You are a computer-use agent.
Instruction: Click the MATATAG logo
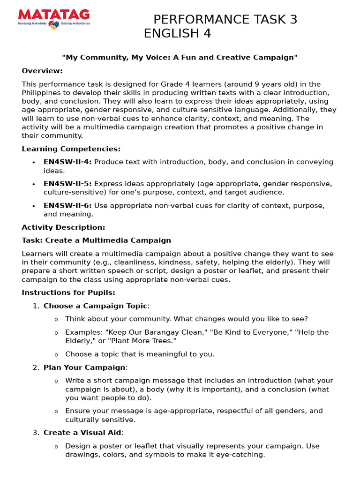[x=53, y=19]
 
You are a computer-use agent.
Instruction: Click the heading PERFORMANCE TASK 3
[x=225, y=20]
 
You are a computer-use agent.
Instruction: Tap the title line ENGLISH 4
[x=177, y=34]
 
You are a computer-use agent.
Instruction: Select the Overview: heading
[x=42, y=71]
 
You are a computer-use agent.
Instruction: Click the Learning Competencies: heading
[x=71, y=149]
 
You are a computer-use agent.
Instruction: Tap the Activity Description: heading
[x=63, y=227]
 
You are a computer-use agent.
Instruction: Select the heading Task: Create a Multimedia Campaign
[x=96, y=240]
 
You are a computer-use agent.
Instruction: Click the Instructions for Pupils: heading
[x=68, y=292]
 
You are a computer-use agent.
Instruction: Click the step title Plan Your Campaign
[x=84, y=367]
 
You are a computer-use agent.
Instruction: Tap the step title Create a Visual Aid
[x=83, y=433]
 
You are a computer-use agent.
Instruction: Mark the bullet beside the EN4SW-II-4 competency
[x=33, y=162]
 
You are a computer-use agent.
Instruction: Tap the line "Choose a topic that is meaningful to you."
[x=140, y=354]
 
